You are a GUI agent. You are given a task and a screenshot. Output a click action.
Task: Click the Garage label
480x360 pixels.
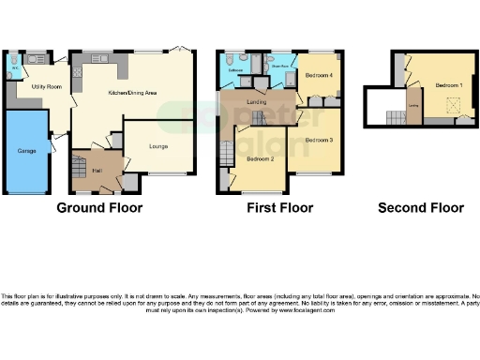pos(26,150)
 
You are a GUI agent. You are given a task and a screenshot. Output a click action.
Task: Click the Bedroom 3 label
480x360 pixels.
pos(319,140)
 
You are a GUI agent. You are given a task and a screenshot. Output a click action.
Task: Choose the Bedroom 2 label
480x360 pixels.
pos(260,159)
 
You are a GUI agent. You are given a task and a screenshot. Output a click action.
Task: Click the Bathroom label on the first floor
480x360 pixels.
pos(235,69)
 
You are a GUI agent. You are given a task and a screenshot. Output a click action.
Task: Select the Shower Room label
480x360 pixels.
pos(280,67)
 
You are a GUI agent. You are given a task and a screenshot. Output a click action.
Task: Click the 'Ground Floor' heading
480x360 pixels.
pos(100,208)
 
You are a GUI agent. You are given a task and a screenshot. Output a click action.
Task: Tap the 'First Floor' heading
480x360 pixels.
pos(278,208)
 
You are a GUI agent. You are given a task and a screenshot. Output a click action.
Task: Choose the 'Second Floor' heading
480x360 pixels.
pos(420,208)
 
